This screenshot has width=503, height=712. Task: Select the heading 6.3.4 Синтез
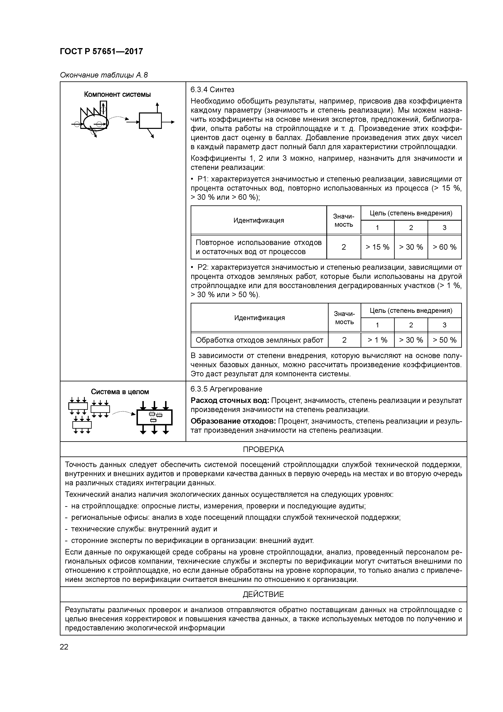click(x=212, y=90)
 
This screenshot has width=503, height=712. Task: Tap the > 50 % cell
click(x=444, y=340)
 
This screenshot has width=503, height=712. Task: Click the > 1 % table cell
click(x=377, y=340)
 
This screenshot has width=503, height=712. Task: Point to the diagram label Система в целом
click(x=120, y=392)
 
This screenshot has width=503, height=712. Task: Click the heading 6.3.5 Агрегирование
click(x=226, y=389)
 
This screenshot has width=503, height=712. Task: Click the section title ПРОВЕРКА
click(x=263, y=449)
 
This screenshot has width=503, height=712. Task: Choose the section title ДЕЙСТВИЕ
click(x=263, y=594)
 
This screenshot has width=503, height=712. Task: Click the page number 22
click(x=64, y=647)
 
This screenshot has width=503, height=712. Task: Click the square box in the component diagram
click(x=150, y=120)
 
